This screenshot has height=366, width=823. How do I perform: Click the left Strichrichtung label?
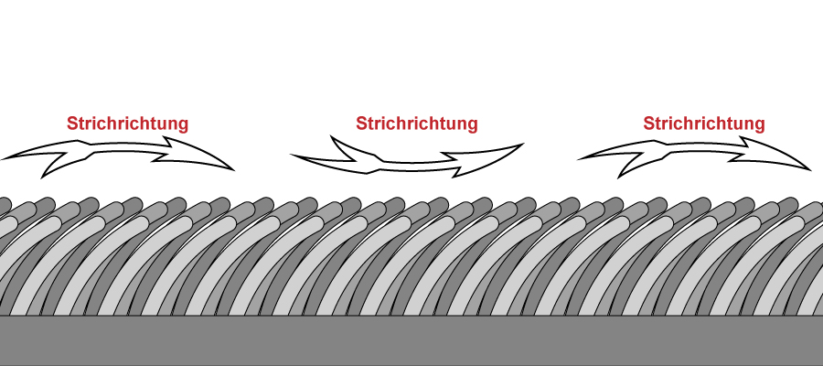[127, 124]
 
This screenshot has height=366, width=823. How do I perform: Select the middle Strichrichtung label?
[416, 124]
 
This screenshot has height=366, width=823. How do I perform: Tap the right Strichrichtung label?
[704, 124]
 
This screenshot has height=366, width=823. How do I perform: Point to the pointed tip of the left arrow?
[233, 169]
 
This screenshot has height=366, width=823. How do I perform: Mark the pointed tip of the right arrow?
[809, 169]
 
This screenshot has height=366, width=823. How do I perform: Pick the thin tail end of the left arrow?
[3, 158]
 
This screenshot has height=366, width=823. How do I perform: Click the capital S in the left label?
[71, 124]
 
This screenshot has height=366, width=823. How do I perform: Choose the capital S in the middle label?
[360, 124]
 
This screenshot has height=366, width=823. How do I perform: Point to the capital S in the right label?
[648, 124]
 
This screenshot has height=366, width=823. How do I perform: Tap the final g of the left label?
[183, 125]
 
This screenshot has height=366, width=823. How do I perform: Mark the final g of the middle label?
[472, 125]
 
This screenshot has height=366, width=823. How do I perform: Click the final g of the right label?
[760, 125]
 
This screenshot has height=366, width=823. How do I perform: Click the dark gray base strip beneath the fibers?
[411, 340]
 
